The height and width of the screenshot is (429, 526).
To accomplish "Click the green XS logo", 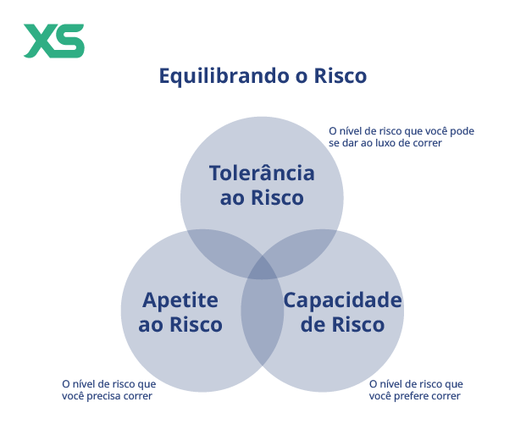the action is coord(53,41).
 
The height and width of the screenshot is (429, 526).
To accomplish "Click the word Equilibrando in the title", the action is coord(224,76).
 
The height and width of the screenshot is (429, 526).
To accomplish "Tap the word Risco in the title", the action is coord(341,76).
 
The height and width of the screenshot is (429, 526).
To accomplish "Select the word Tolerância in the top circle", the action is coord(262,173).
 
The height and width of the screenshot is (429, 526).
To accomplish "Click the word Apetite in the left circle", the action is coord(180,300).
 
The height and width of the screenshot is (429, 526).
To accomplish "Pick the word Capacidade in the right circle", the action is coord(342,300).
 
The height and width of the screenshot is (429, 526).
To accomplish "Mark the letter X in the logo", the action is coord(39,41).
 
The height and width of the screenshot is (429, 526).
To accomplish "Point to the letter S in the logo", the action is coord(69,41).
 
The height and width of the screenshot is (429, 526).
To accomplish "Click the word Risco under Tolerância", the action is coord(278,197).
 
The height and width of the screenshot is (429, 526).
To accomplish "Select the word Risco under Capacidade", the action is coord(358,324).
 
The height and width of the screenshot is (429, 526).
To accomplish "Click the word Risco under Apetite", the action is coord(196,324).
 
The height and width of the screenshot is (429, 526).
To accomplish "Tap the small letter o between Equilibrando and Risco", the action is coord(302,77).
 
